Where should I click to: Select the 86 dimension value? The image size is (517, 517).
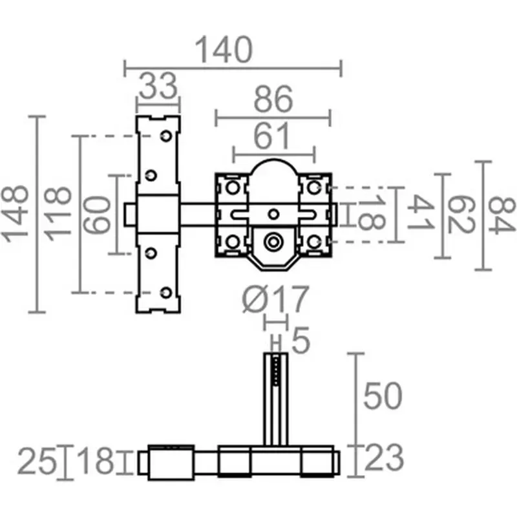[x=273, y=101]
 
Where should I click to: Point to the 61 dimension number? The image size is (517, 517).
[x=273, y=137]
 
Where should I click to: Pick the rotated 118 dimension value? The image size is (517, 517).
[x=59, y=213]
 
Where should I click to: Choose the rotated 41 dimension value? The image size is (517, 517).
[x=421, y=213]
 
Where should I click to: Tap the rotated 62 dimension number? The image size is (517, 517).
[x=459, y=215]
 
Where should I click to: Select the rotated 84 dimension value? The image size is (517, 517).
[x=501, y=215]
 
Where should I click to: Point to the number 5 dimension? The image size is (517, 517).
[x=301, y=341]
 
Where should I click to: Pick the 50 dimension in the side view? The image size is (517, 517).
[x=383, y=396]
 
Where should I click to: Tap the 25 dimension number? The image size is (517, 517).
[x=36, y=461]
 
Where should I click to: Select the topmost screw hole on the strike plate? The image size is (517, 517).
[x=165, y=137]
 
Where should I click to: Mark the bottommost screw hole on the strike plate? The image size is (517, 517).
[x=165, y=293]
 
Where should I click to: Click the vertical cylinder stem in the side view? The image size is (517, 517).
[x=275, y=399]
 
